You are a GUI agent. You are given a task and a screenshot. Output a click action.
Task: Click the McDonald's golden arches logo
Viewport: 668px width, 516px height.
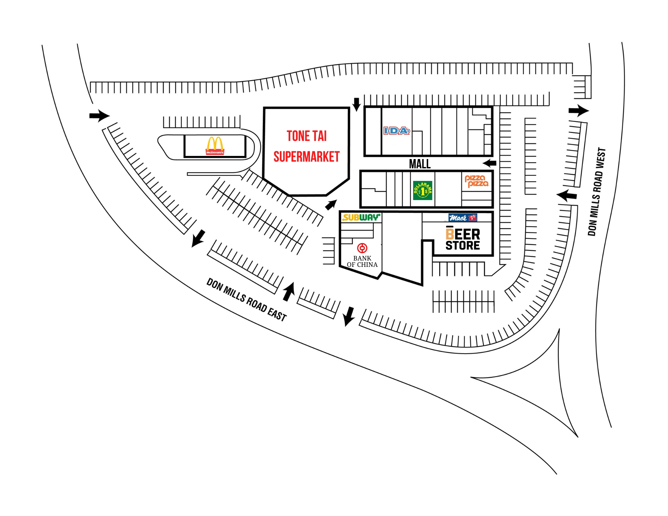point(215,146)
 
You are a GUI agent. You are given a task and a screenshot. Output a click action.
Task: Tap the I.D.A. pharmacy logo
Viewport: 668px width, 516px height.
point(396,131)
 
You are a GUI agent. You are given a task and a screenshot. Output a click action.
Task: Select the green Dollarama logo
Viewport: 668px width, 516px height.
point(423,191)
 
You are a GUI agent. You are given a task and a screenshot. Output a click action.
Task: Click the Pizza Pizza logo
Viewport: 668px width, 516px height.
point(477,181)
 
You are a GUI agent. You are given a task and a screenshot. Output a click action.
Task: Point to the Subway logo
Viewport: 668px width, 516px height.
point(361,217)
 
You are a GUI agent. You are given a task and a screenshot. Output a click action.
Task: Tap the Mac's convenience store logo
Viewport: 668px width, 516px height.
point(463,218)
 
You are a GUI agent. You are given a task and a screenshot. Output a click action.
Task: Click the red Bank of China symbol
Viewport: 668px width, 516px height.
point(362,248)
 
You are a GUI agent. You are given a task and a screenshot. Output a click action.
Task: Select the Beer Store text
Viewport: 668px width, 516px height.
point(463,238)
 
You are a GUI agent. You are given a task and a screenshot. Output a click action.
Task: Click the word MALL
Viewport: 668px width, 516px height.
point(420,164)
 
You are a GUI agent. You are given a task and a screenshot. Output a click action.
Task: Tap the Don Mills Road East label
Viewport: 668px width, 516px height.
point(246,300)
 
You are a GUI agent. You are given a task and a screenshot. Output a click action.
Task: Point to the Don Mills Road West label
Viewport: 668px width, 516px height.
point(597,192)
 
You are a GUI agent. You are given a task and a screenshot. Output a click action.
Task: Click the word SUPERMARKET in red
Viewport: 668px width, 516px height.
point(306,157)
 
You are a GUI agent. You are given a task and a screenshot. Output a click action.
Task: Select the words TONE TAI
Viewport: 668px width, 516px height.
point(307,136)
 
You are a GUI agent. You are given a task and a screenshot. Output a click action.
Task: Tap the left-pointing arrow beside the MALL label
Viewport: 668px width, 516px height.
point(490,163)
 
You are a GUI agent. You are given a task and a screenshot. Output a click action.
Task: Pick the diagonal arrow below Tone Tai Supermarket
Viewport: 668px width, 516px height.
point(331,205)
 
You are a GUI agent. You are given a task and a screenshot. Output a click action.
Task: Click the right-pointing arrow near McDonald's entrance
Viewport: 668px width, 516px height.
point(99,116)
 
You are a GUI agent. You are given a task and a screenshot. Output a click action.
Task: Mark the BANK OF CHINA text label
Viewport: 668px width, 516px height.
point(362,262)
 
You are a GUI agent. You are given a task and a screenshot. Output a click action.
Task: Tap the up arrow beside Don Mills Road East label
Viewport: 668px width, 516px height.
point(289,292)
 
